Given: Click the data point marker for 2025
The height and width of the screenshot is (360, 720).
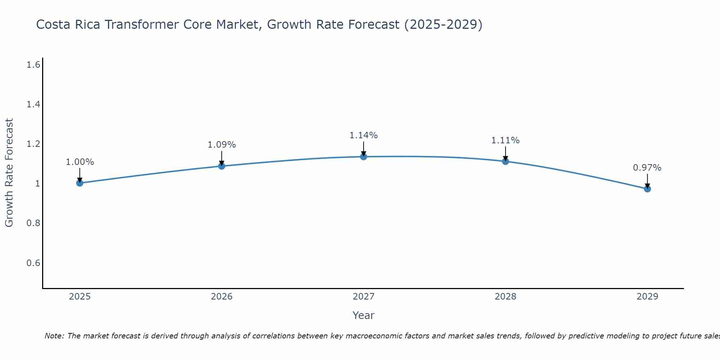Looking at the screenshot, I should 80,183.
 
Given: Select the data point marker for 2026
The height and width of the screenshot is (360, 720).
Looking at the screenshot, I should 222,166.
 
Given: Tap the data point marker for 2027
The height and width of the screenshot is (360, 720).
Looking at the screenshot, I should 364,157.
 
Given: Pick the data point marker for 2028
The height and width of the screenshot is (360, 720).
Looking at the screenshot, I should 505,161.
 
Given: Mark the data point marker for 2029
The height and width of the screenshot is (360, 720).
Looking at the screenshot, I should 647,189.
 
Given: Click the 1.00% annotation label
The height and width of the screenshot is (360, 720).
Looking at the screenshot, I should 80,162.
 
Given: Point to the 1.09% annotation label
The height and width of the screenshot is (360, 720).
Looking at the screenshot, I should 222,145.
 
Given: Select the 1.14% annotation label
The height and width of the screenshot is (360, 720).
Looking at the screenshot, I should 364,135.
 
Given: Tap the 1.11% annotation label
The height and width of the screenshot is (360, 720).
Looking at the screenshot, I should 505,140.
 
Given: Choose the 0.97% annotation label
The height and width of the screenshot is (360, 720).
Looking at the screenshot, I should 647,168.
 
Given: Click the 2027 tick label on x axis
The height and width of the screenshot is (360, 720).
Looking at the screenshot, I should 364,297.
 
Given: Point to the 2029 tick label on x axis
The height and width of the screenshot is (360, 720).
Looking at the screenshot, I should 647,297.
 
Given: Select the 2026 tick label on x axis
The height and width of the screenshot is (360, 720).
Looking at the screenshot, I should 222,297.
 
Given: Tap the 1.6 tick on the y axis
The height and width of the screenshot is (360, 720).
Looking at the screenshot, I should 33,65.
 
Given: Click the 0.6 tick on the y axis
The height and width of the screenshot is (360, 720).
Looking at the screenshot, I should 33,263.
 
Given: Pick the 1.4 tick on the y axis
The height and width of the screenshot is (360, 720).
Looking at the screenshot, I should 33,104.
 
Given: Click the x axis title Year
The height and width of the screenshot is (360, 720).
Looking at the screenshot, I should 364,315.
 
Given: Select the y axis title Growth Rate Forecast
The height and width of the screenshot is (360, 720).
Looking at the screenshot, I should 9,173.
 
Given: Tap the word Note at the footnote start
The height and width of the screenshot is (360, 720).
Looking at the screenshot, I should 54,336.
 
